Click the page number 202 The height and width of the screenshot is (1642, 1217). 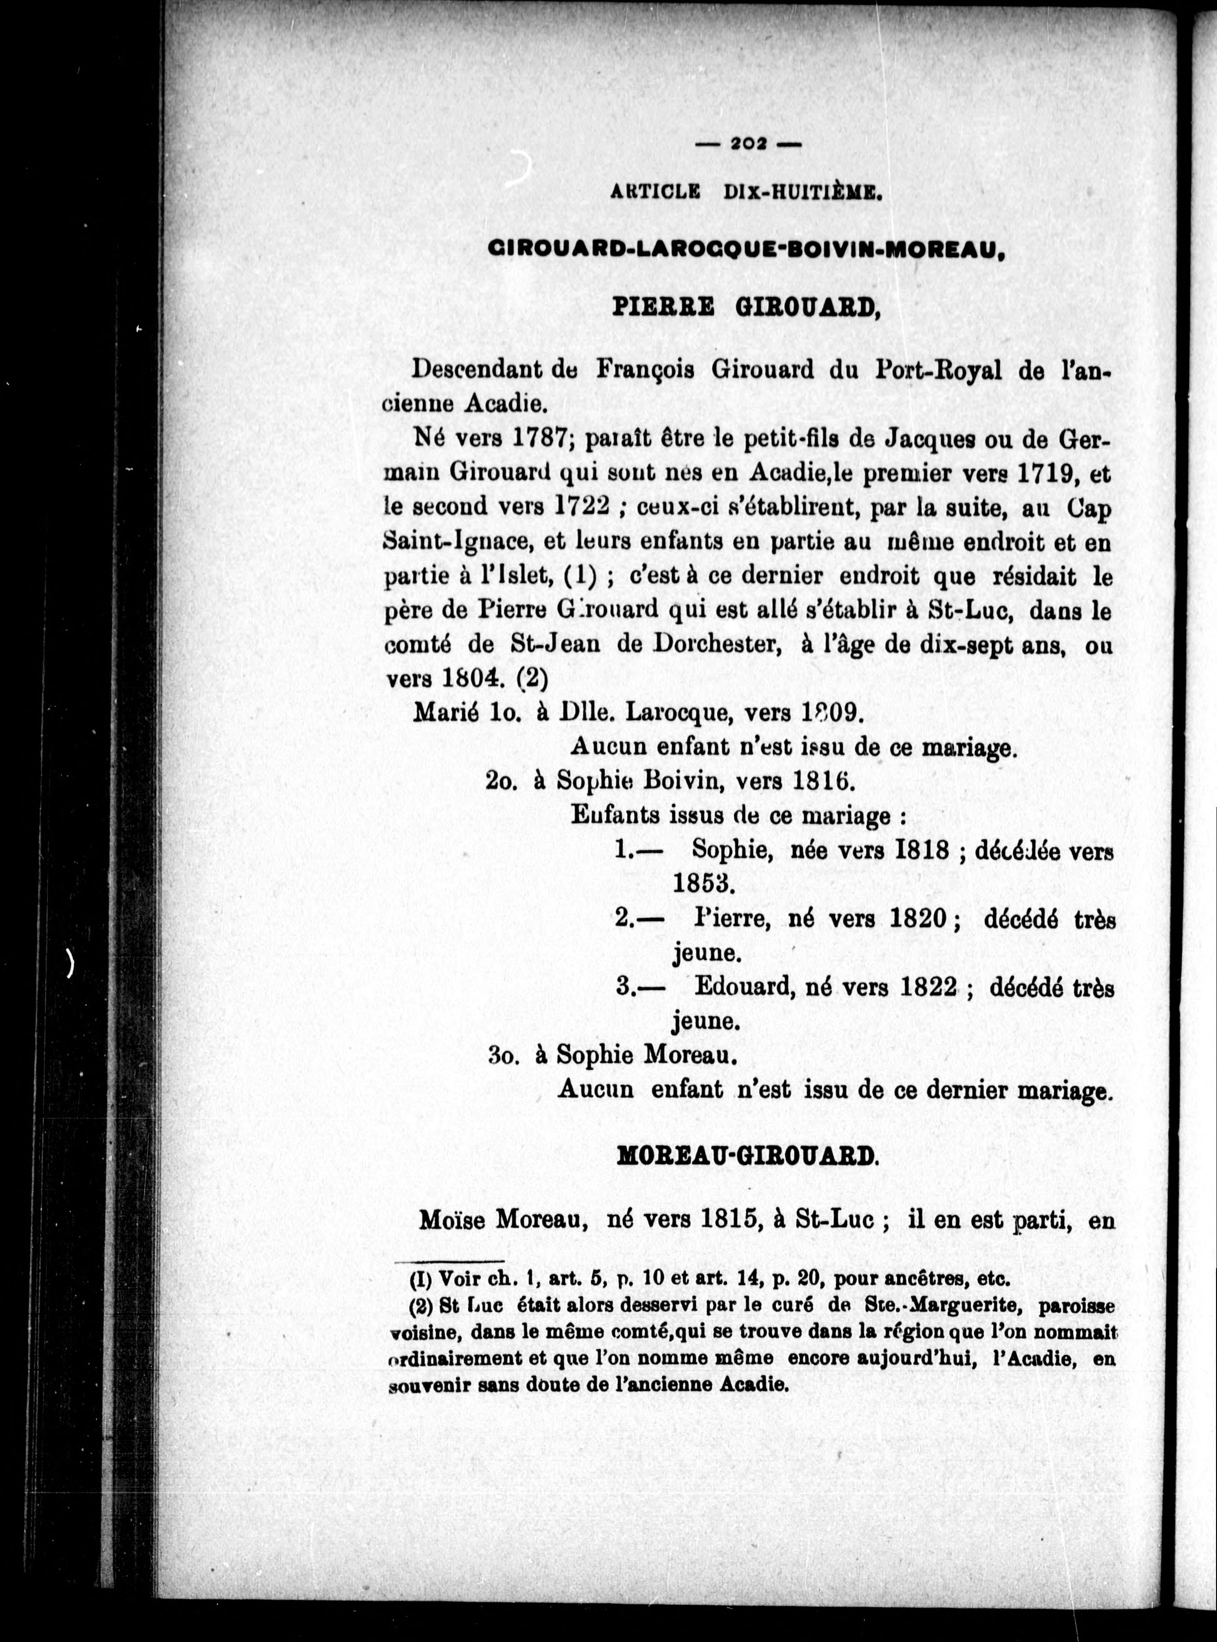click(x=748, y=145)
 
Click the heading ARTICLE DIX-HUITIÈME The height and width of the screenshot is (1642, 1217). click(x=746, y=193)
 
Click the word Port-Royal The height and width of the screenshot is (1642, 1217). click(x=937, y=370)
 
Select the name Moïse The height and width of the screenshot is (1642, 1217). click(x=453, y=1221)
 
